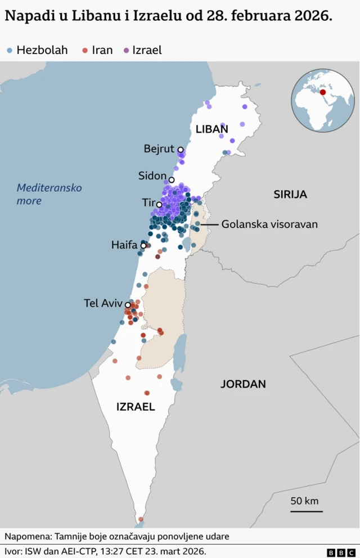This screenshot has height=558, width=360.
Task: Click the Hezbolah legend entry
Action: click(37, 50)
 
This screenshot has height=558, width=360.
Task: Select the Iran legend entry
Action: click(97, 50)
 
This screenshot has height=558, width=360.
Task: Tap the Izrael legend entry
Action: click(142, 50)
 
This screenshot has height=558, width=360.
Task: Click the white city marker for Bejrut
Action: click(181, 150)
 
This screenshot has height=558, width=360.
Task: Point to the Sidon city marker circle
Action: click(172, 180)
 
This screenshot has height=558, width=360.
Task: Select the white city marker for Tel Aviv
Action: click(128, 305)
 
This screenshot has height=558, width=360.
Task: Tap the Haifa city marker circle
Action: click(143, 245)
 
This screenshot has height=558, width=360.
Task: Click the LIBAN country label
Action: click(211, 129)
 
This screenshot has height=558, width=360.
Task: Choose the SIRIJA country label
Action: click(290, 195)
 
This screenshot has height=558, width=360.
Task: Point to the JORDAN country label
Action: click(243, 384)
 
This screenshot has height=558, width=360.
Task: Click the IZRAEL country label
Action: click(136, 407)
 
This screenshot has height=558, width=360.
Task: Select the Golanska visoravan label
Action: click(269, 224)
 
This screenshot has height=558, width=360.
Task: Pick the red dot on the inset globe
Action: click(323, 92)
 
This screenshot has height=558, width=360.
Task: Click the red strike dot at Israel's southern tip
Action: click(141, 519)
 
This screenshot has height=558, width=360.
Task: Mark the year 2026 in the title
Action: click(313, 16)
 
